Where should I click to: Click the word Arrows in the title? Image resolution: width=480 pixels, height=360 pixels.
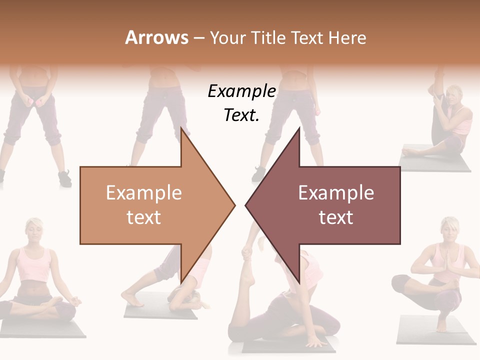157,37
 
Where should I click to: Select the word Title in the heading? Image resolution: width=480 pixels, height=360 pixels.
267,37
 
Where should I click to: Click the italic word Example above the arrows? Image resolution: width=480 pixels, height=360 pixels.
241,91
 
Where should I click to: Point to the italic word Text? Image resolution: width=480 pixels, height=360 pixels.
241,115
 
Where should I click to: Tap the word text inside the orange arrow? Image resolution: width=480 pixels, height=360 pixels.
143,217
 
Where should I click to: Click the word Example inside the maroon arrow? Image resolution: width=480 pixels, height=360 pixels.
336,193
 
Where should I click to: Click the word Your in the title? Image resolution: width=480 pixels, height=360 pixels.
224,37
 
